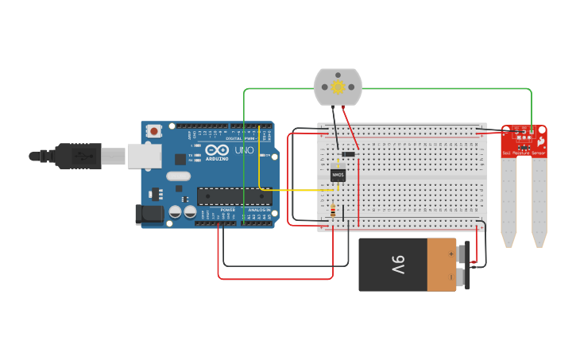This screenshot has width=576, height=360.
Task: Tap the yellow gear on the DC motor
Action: pyautogui.click(x=338, y=87)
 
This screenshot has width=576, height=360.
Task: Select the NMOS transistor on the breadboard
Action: pyautogui.click(x=338, y=175)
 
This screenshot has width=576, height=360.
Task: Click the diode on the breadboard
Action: pyautogui.click(x=347, y=154)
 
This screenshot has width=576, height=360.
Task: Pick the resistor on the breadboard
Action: pyautogui.click(x=332, y=212)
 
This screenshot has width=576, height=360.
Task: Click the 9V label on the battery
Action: pyautogui.click(x=397, y=265)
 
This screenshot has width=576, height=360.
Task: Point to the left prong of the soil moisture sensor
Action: pyautogui.click(x=508, y=203)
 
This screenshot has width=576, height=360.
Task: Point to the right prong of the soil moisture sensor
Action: pyautogui.click(x=539, y=203)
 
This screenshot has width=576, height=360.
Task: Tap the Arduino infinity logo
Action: pyautogui.click(x=216, y=149)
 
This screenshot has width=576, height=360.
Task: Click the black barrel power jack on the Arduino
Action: pyautogui.click(x=149, y=213)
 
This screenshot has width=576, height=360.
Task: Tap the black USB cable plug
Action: pyautogui.click(x=79, y=156)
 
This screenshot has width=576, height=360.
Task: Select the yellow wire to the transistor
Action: pyautogui.click(x=294, y=190)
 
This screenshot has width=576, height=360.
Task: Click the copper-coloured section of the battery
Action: pyautogui.click(x=441, y=265)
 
